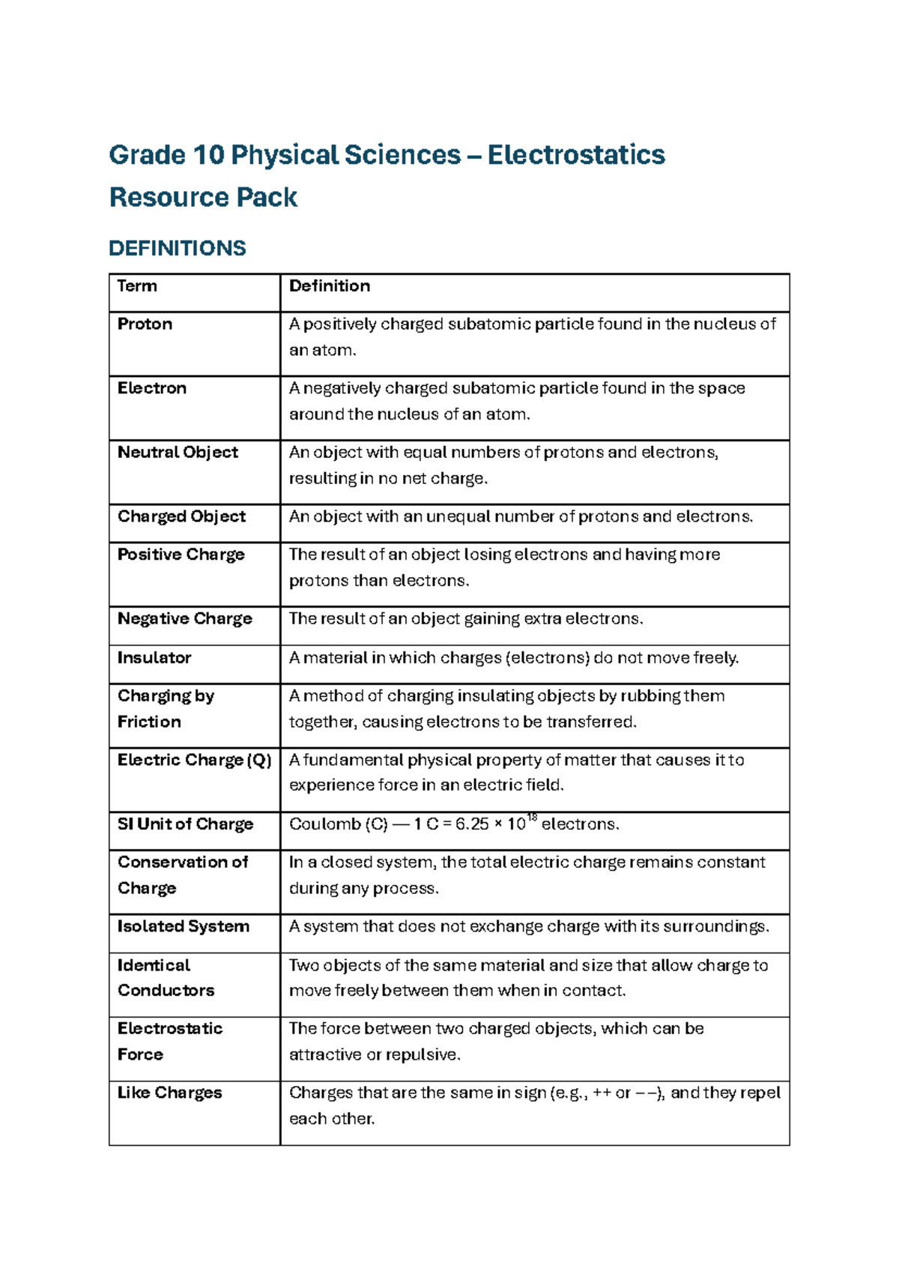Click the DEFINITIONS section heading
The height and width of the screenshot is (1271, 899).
[x=177, y=248]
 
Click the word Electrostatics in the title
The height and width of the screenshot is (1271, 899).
[x=575, y=155]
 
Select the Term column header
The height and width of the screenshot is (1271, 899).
[x=137, y=286]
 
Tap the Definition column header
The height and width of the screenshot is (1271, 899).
[x=329, y=286]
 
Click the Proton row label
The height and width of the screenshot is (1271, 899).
[x=145, y=324]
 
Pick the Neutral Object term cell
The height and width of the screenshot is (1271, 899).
[x=178, y=452]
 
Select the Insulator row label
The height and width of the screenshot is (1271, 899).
[x=154, y=657]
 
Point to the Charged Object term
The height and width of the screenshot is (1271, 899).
[x=181, y=516]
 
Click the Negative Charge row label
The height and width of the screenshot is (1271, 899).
[x=184, y=618]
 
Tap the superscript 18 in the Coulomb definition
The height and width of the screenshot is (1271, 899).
[x=532, y=818]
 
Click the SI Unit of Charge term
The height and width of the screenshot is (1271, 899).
[x=185, y=824]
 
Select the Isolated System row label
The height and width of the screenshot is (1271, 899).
[x=183, y=926]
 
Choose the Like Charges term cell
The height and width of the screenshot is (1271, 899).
[x=169, y=1093]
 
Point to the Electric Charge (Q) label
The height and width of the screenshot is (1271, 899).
[x=194, y=760]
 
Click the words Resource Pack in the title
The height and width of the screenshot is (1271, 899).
[x=203, y=198]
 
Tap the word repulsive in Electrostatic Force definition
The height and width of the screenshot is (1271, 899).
[x=421, y=1054]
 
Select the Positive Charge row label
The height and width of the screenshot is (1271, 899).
[x=181, y=555]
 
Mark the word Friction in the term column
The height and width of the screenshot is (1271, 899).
[x=149, y=722]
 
